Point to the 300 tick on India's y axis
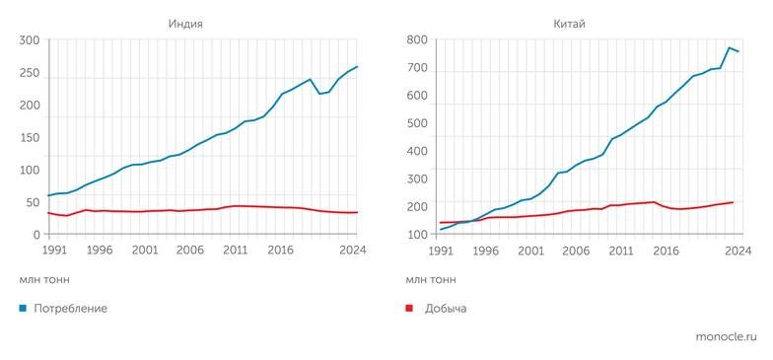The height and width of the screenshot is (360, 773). [30, 40]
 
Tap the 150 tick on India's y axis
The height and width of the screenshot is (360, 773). [30, 138]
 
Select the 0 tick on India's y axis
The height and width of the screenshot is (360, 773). [35, 235]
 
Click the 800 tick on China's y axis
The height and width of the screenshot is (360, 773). [416, 40]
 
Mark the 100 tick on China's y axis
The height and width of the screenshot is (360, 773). [416, 235]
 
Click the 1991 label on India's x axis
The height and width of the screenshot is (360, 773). [55, 251]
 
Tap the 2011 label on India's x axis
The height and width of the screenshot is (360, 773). [235, 251]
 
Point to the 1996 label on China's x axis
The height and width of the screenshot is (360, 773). [485, 251]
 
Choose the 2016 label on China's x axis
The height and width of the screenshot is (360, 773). [666, 251]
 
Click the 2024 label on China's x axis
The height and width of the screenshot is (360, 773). [738, 251]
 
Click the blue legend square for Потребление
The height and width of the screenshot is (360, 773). [24, 309]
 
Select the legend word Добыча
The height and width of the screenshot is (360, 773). [446, 309]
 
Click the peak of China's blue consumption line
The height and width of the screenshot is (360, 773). [730, 47]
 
